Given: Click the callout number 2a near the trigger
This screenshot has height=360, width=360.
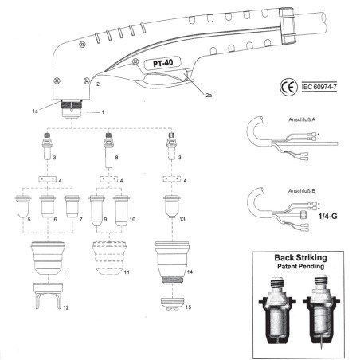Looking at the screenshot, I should click(208, 96).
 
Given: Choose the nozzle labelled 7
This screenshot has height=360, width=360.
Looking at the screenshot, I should click(73, 205).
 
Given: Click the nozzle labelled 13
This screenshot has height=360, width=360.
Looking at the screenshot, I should click(170, 205).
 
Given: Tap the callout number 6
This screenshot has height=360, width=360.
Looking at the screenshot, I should click(54, 218).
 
